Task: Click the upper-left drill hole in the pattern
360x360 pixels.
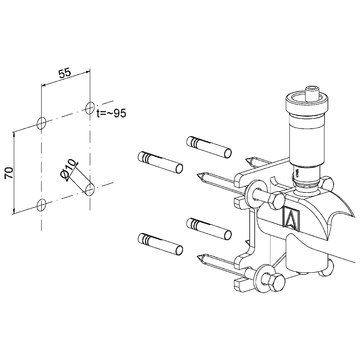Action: point(41,122)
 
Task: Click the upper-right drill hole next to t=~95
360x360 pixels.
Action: point(90,106)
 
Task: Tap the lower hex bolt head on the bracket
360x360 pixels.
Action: point(271,286)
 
